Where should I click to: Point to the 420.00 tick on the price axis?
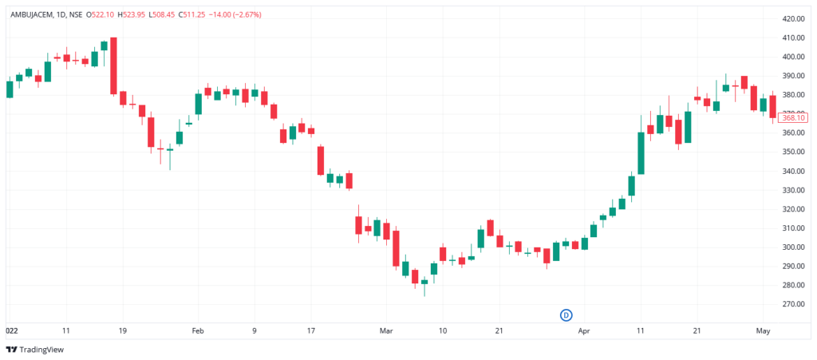(793, 18)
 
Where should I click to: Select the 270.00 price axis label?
(793, 304)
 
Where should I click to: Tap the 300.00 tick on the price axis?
(793, 247)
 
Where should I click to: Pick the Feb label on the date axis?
(199, 330)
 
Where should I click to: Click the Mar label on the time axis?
(387, 330)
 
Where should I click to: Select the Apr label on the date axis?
(584, 330)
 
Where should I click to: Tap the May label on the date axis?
(764, 330)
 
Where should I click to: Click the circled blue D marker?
(567, 315)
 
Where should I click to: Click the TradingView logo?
(35, 350)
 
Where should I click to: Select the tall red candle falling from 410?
(114, 65)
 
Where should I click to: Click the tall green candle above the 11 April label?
(641, 152)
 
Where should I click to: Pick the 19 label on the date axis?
(123, 330)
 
